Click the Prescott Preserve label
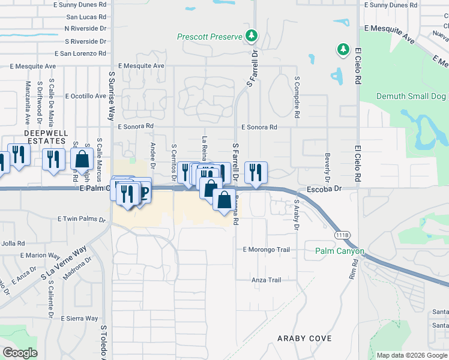tap(209, 37)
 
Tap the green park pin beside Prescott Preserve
tap(252, 36)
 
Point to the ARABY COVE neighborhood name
tap(304, 339)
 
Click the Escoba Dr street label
tap(324, 188)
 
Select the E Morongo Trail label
tap(266, 250)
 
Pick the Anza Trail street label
tap(266, 280)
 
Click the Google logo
tap(20, 353)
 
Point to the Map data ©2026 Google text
tap(411, 355)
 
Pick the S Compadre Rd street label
tap(297, 96)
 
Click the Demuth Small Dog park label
tap(412, 96)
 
